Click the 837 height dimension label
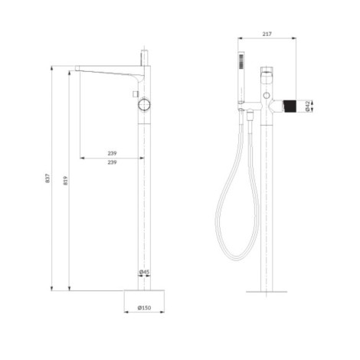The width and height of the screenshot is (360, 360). tap(47, 178)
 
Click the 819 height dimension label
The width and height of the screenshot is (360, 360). tap(65, 181)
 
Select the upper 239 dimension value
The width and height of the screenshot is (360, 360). tap(112, 153)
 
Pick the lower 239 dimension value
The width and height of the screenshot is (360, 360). tap(112, 162)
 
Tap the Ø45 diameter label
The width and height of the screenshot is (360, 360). tap(144, 272)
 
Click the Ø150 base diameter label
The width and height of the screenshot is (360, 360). tap(144, 308)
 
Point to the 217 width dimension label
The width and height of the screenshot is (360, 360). tap(267, 34)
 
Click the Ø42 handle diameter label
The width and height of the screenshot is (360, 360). tap(308, 106)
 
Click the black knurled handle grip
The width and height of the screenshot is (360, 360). tap(290, 106)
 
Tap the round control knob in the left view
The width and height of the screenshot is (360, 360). tap(144, 105)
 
